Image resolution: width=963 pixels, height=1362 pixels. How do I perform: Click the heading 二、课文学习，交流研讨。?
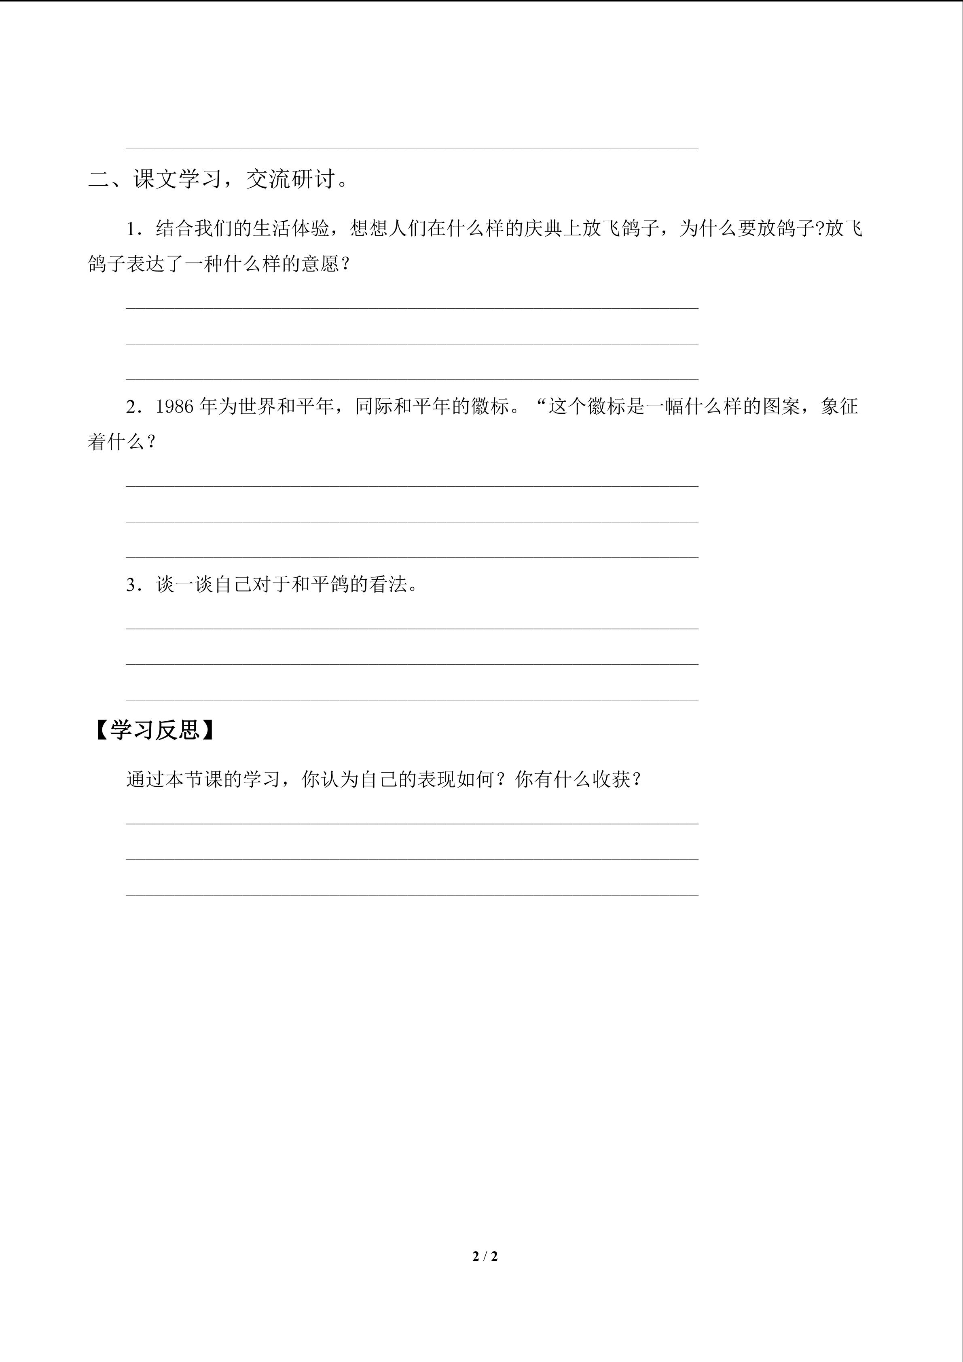tap(218, 179)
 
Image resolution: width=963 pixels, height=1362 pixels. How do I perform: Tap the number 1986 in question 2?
tap(175, 407)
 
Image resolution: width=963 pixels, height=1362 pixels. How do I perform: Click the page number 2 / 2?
tap(485, 1256)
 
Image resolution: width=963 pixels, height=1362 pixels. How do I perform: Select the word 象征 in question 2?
tap(840, 407)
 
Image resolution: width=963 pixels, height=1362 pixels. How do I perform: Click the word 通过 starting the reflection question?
tap(145, 779)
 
